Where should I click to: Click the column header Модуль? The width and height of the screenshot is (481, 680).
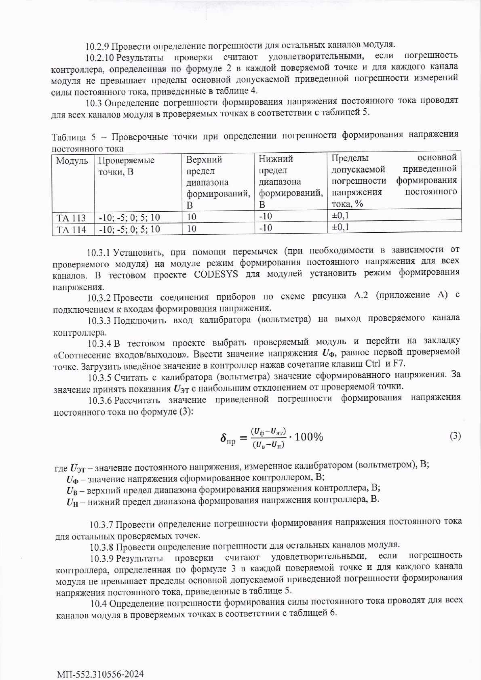[x=72, y=161]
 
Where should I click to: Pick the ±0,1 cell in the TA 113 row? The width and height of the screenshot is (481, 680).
[x=340, y=216]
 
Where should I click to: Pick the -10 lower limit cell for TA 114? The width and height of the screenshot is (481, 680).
[x=266, y=228]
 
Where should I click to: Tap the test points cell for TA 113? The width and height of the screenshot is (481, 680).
[x=129, y=218]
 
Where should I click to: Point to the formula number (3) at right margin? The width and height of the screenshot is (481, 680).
[x=455, y=436]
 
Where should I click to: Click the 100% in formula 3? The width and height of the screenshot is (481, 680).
[x=309, y=437]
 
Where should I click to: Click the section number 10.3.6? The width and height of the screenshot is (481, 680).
[x=100, y=400]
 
